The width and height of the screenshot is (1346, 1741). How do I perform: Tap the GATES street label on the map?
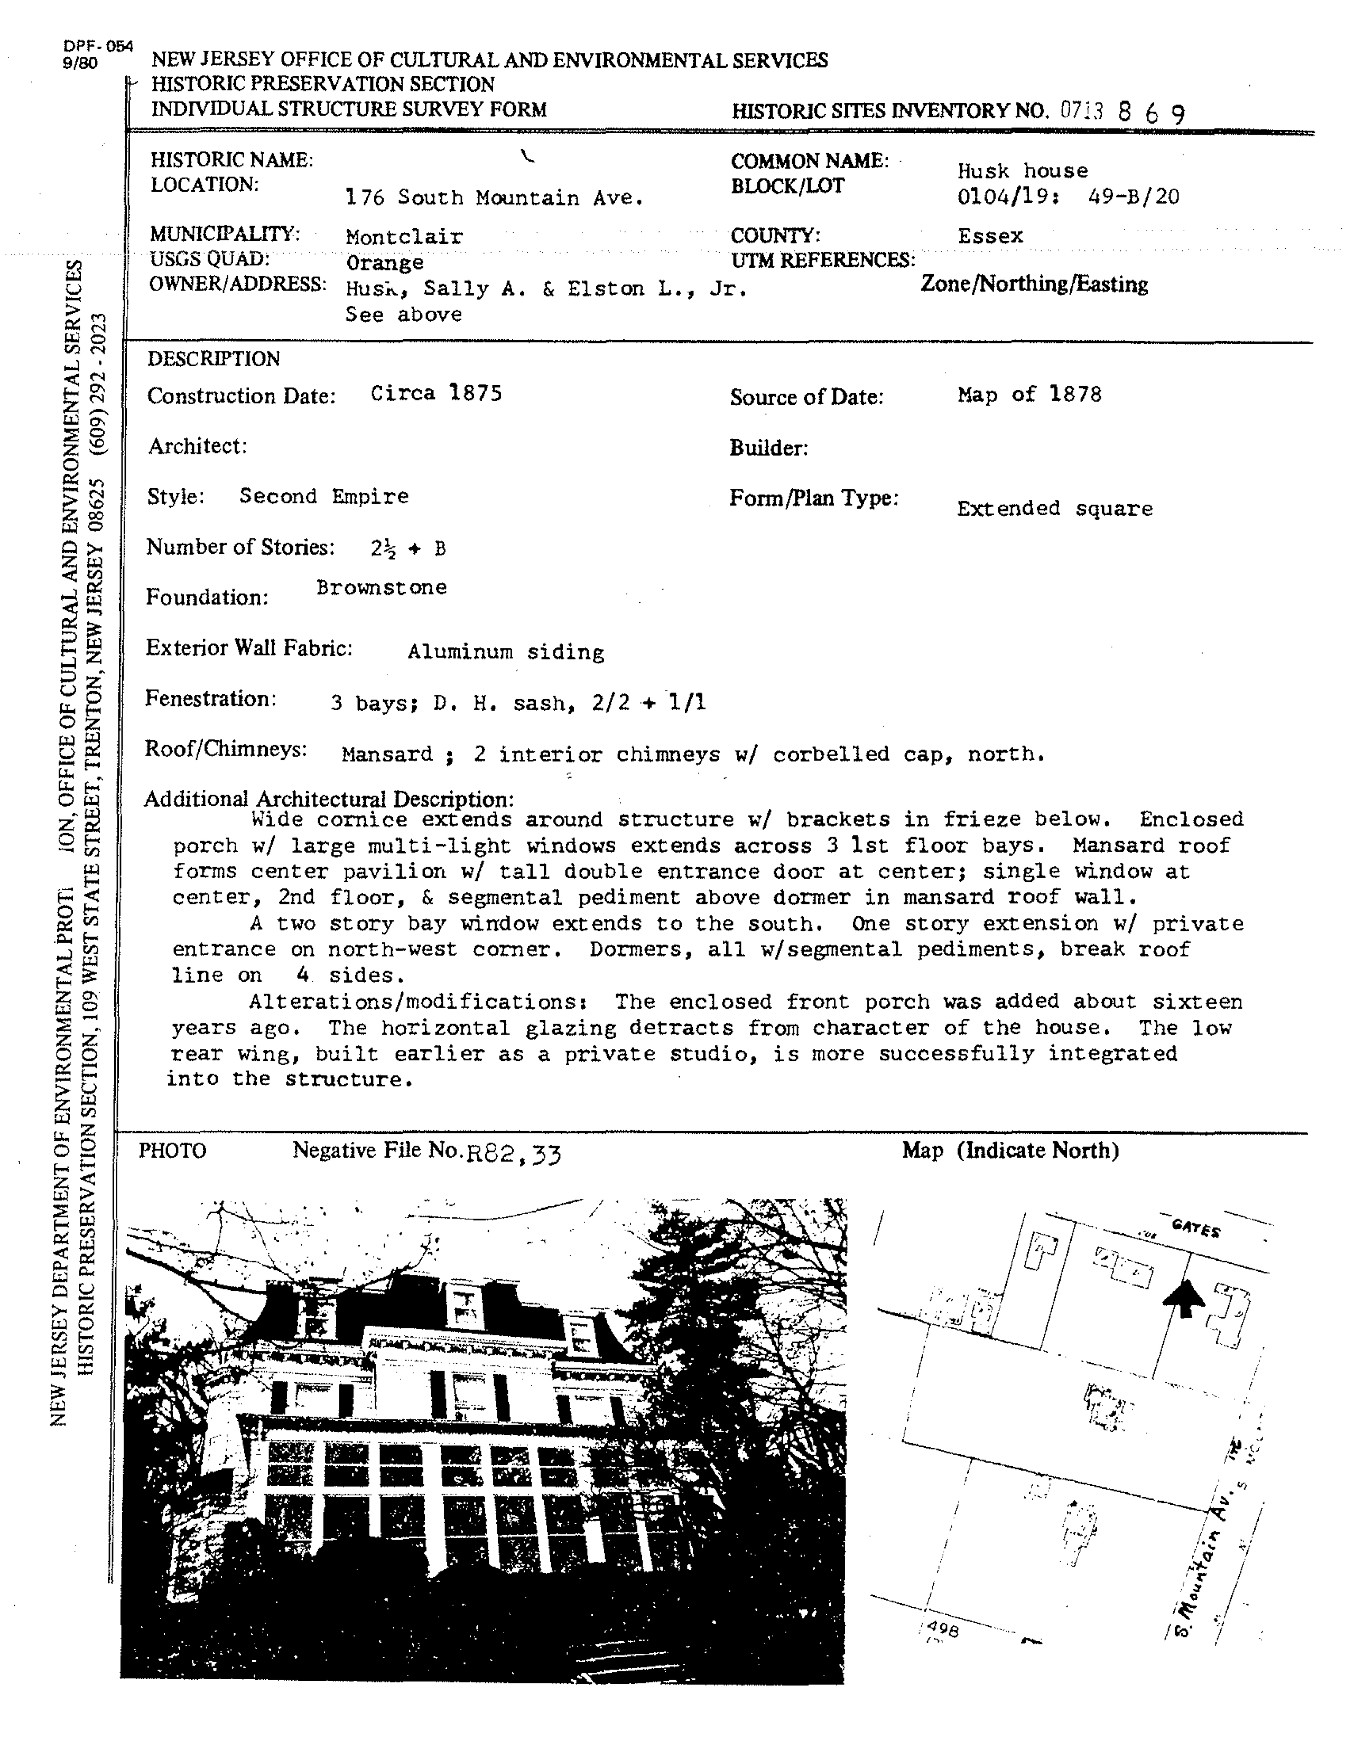[1195, 1228]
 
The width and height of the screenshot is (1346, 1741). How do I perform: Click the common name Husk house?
[1022, 171]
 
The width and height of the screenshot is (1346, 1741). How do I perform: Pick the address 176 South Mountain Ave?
[495, 198]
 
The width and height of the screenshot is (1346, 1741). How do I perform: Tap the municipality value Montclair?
[404, 237]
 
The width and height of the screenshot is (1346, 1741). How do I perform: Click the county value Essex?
[990, 236]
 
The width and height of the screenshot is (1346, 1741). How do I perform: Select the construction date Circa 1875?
[436, 393]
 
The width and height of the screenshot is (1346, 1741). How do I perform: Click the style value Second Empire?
[324, 496]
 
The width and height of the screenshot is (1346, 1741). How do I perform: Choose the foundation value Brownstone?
[381, 588]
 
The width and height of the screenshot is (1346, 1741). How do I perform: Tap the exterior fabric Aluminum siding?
[506, 652]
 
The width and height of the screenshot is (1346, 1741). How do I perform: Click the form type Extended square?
[1054, 509]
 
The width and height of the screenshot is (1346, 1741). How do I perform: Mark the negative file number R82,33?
[514, 1153]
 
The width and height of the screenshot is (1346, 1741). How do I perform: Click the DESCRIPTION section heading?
[213, 359]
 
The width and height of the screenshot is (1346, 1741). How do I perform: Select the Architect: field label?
[197, 445]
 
